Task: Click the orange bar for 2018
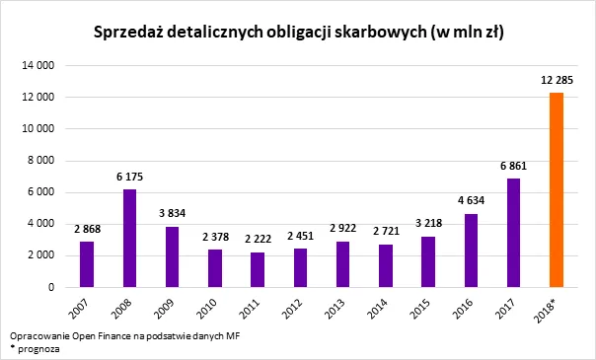pos(557,189)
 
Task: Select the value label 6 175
pos(130,178)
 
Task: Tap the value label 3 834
pos(173,215)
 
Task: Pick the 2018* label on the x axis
pos(555,310)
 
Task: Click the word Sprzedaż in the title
pos(129,33)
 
